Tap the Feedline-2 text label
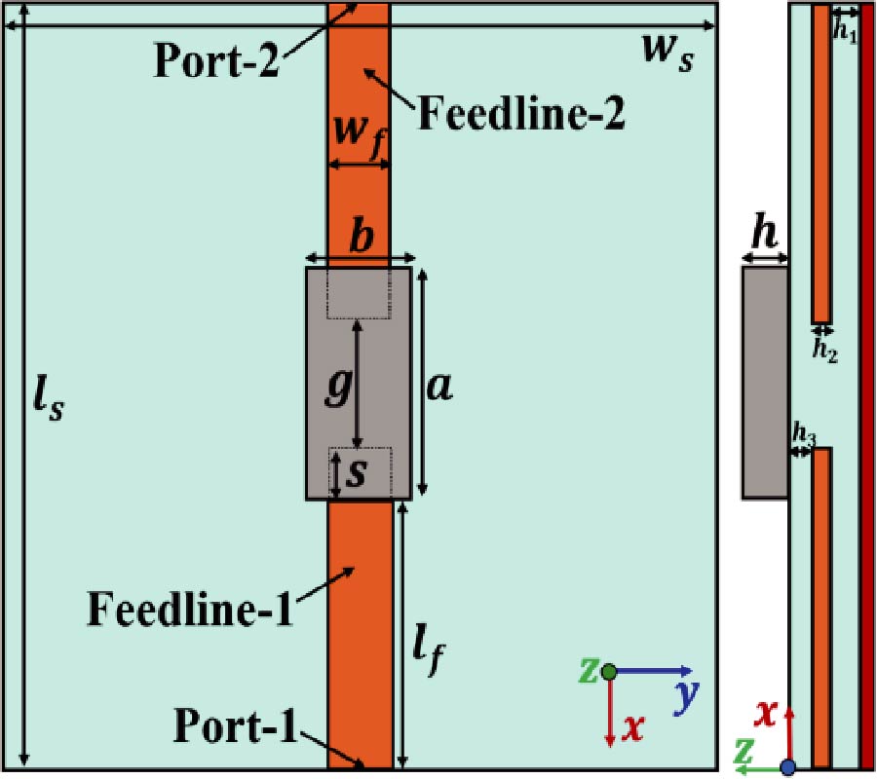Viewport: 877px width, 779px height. [x=520, y=114]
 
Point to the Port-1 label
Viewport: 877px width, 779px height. [x=236, y=725]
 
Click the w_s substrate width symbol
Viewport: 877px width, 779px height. [x=668, y=51]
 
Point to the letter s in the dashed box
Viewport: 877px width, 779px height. [x=359, y=472]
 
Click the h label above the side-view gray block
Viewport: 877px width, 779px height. [x=764, y=237]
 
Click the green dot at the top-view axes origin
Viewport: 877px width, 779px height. [x=609, y=671]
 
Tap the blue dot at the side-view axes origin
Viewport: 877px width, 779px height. [x=788, y=768]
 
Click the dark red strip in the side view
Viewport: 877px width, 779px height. [x=867, y=389]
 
